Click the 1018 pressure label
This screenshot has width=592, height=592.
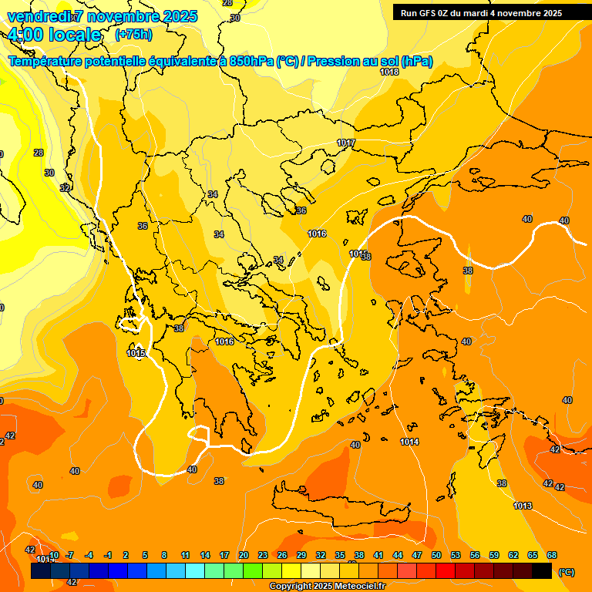tap(389, 72)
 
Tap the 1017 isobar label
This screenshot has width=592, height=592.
tap(346, 143)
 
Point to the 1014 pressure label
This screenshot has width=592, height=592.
tap(410, 442)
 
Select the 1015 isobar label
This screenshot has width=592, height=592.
tap(136, 353)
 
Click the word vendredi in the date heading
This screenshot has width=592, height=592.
tap(35, 16)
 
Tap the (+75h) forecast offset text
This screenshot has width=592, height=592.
tap(133, 34)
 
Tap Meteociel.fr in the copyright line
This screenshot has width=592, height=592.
tap(355, 587)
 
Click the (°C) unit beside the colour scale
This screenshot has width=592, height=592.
tap(566, 572)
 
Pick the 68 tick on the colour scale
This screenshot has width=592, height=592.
tap(552, 555)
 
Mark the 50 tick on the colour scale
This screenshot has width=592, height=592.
tap(436, 555)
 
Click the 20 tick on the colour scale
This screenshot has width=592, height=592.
tap(244, 555)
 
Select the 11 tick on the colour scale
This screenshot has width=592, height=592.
tap(186, 555)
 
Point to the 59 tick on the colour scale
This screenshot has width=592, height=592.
tap(494, 555)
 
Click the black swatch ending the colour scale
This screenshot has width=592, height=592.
tap(542, 570)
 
